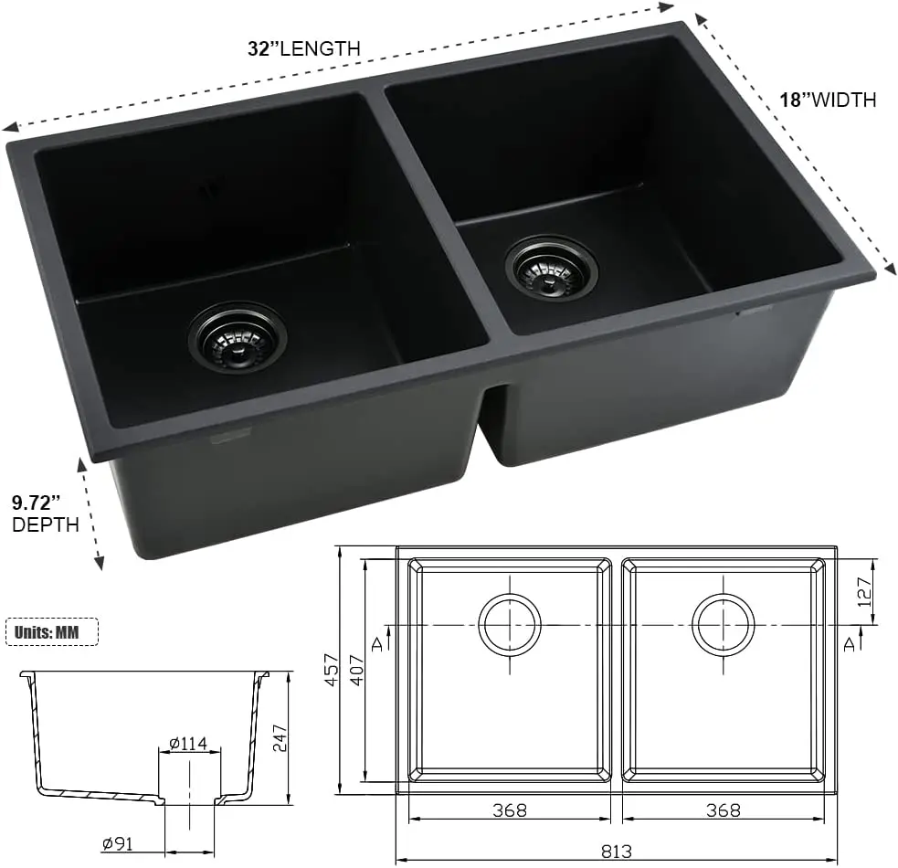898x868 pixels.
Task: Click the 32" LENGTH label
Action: click(305, 48)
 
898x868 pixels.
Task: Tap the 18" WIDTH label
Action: click(828, 100)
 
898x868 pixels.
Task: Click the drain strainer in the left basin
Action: click(238, 335)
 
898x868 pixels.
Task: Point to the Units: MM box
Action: click(53, 631)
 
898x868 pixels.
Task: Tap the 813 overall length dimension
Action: click(618, 851)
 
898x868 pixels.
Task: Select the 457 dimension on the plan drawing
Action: click(333, 672)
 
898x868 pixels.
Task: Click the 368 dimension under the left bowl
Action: click(509, 810)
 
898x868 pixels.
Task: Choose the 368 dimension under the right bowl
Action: click(723, 810)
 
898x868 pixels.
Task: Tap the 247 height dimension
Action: click(281, 736)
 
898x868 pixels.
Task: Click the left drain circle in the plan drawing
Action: click(510, 625)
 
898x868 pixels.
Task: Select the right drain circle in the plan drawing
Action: click(724, 625)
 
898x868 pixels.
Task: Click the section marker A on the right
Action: click(850, 643)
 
